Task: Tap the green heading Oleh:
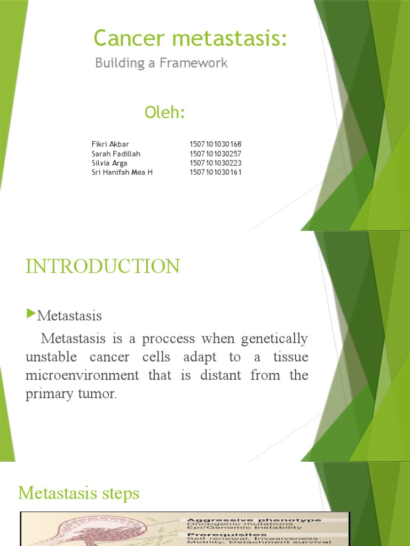(x=164, y=113)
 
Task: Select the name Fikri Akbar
(x=111, y=144)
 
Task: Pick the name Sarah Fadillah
(x=115, y=154)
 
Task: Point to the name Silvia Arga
(x=109, y=163)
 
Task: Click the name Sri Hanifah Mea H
(x=122, y=172)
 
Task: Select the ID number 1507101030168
(x=216, y=144)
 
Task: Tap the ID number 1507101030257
(x=216, y=154)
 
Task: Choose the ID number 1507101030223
(x=216, y=163)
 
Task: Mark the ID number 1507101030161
(x=216, y=172)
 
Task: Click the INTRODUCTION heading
(x=102, y=267)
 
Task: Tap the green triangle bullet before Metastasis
(x=30, y=315)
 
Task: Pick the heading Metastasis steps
(x=78, y=493)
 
